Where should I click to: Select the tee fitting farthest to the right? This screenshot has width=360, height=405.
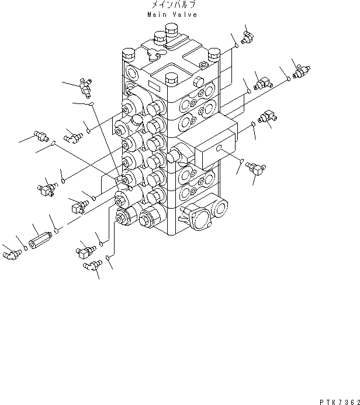pos(299,71)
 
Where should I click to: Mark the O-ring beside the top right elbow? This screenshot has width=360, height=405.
pos(236,45)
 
